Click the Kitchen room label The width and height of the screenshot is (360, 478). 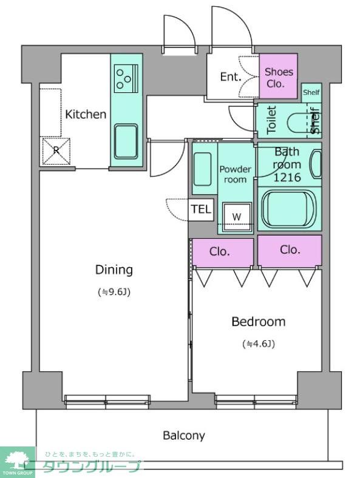[86, 114]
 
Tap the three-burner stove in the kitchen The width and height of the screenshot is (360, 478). [126, 78]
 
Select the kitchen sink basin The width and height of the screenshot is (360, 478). [126, 142]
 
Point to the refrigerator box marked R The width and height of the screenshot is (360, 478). [56, 151]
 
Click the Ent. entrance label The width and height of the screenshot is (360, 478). [231, 77]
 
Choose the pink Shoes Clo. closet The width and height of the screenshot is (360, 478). [278, 76]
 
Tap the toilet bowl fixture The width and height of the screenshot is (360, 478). [297, 123]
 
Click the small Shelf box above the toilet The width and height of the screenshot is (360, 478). [311, 92]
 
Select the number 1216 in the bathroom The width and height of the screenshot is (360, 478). [287, 177]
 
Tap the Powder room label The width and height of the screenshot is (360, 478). [235, 174]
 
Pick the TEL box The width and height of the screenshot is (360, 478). [201, 210]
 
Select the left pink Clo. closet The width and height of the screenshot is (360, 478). [223, 253]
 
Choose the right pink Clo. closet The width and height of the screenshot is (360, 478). [290, 250]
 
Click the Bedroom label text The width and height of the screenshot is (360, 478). [259, 322]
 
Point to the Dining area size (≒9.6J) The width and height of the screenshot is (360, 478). [114, 292]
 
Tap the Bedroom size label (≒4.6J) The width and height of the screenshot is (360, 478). [259, 344]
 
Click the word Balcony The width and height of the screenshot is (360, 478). [184, 435]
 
